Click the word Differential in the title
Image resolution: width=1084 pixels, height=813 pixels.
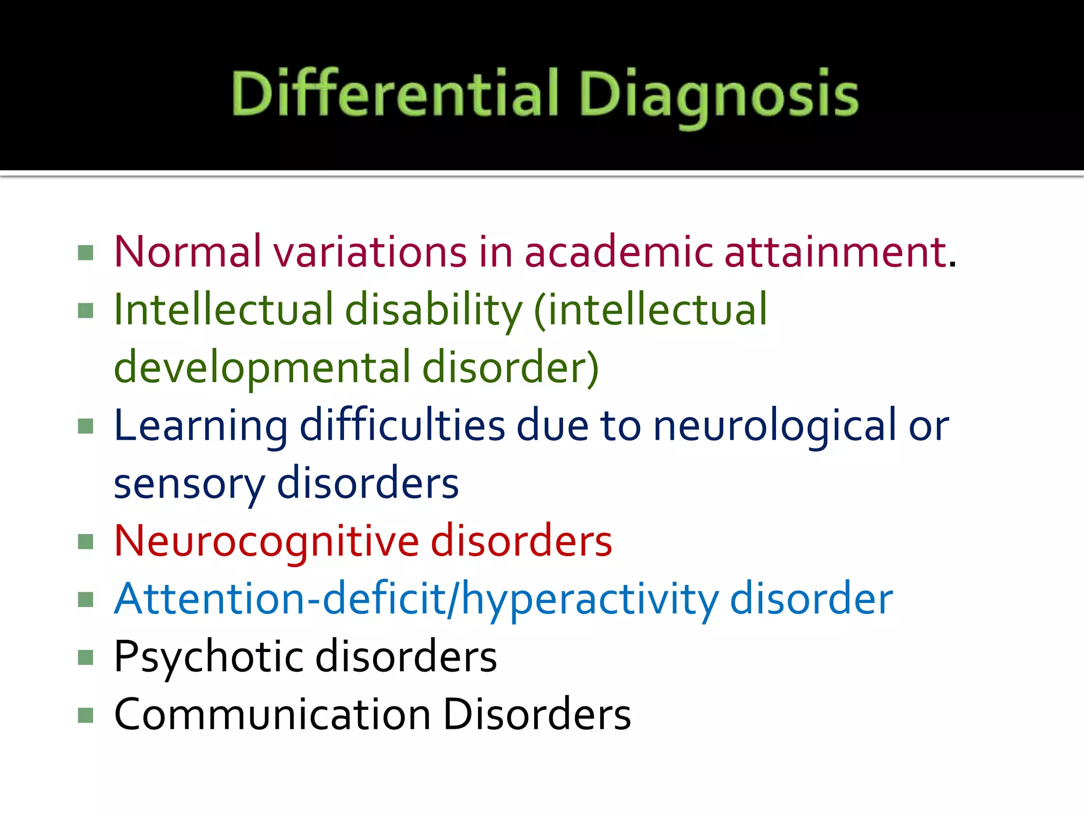coord(394,93)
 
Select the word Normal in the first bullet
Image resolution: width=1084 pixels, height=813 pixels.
coord(188,251)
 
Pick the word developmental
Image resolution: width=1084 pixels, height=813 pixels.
coord(263,368)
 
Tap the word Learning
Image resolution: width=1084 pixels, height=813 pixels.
coord(201,426)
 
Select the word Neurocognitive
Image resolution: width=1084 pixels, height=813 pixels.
coord(267,541)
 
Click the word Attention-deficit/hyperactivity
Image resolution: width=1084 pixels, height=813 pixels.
coord(416,599)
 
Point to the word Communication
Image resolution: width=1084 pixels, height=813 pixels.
coord(272,715)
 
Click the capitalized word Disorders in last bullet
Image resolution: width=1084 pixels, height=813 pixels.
coord(537,715)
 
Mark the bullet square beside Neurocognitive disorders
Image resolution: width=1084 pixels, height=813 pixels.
coord(85,542)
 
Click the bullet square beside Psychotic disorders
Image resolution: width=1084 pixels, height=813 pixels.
coord(85,657)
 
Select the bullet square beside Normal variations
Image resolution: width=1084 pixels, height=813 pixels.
coord(85,252)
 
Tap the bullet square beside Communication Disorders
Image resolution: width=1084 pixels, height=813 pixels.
coord(85,715)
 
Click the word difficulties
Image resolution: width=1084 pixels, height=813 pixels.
coord(402,426)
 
